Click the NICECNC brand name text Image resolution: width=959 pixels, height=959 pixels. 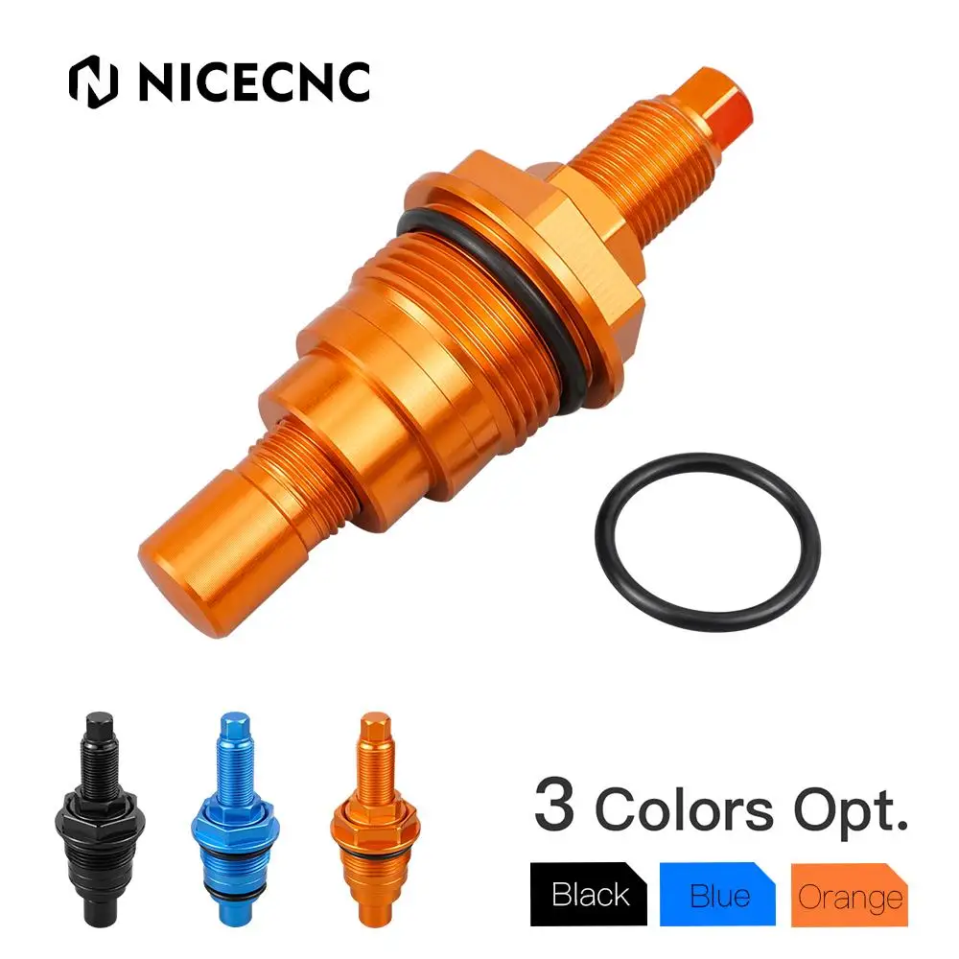pyautogui.click(x=254, y=82)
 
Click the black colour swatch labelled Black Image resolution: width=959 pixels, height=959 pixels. pyautogui.click(x=590, y=894)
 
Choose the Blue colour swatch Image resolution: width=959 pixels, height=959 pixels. pyautogui.click(x=719, y=894)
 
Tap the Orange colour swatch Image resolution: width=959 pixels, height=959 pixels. pyautogui.click(x=850, y=896)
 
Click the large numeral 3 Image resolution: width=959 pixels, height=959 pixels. pyautogui.click(x=555, y=807)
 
